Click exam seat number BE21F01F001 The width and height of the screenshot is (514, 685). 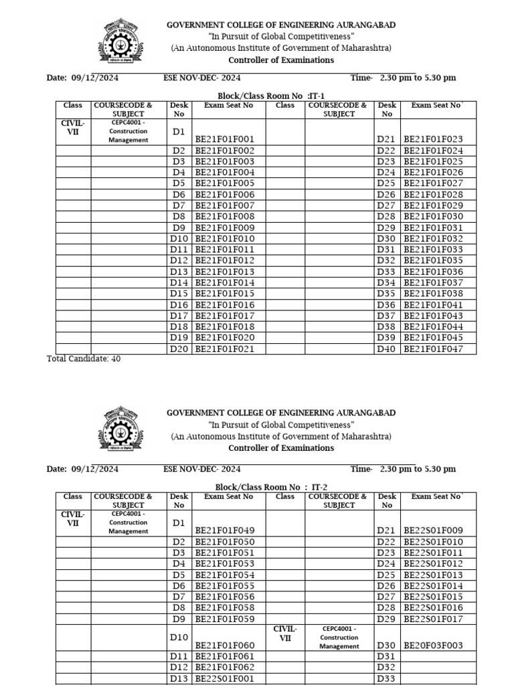coord(224,139)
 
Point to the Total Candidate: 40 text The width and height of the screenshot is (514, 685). coord(84,359)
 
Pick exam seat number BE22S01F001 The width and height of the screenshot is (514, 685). coord(224,678)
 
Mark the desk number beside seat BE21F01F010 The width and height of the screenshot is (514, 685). coord(179,239)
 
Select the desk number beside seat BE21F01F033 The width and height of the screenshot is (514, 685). coord(386,250)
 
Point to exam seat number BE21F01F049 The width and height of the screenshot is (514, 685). coord(224,530)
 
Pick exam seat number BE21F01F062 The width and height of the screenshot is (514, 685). coord(224,667)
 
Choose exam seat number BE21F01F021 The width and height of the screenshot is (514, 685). coord(224,349)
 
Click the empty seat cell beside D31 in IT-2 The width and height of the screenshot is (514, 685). coord(438,656)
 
